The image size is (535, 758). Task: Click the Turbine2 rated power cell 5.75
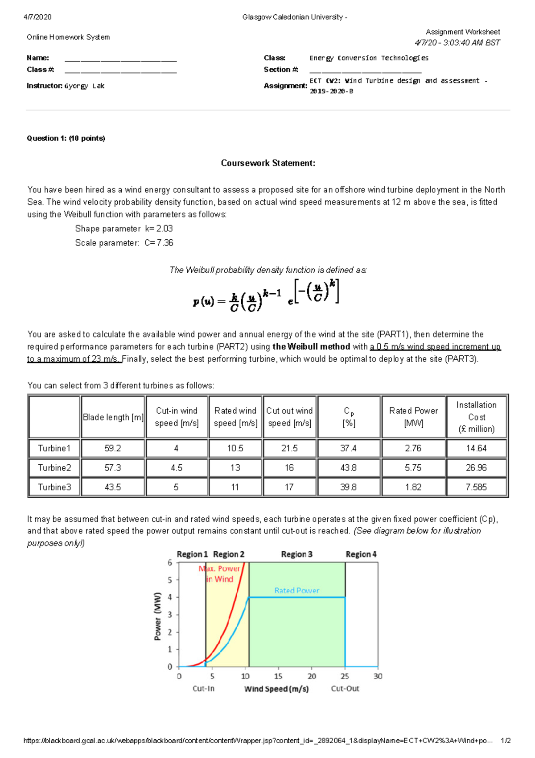point(413,467)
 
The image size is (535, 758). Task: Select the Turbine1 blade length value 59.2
point(112,448)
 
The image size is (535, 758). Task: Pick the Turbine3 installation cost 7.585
point(476,487)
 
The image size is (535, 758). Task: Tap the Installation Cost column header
point(476,417)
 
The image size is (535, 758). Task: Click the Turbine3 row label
point(54,487)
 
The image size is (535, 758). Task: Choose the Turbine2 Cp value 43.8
point(348,467)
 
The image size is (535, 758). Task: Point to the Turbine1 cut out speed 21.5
point(289,448)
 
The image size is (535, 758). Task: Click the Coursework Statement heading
point(268,163)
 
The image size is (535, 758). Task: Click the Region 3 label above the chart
point(296,554)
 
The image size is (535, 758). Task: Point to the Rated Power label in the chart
point(296,591)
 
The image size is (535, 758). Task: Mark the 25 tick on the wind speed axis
point(345,676)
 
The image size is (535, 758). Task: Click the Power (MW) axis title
point(157,616)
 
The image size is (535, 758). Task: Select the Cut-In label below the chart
point(203,689)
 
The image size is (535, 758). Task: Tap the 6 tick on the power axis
point(170,563)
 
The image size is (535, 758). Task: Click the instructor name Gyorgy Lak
point(84,86)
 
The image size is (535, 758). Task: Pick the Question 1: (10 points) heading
point(66,138)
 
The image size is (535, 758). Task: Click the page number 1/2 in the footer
point(506,741)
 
